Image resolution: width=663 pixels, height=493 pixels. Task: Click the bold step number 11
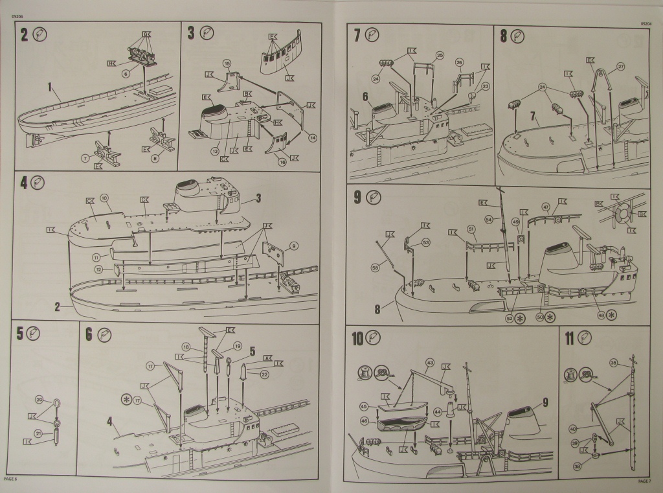point(568,338)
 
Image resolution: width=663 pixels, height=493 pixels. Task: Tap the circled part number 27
point(620,66)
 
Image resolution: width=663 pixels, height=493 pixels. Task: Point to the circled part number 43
point(430,362)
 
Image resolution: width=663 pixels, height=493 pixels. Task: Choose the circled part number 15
point(227,63)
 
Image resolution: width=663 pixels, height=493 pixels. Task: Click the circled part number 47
point(546,208)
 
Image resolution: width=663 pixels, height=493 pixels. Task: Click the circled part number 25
point(440,56)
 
